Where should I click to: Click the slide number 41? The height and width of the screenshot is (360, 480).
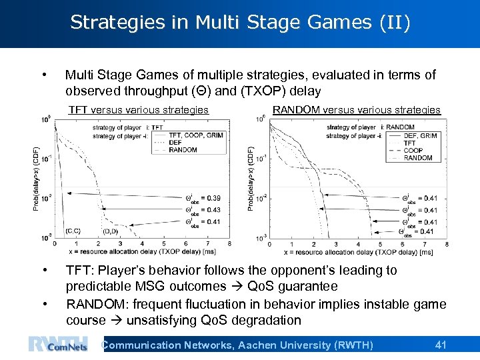(440, 345)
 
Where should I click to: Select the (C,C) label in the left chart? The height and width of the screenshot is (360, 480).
(73, 231)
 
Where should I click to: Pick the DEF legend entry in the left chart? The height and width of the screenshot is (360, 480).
(175, 142)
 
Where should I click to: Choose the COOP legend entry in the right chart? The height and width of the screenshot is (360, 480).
(413, 150)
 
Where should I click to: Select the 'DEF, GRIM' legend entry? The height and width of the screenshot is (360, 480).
(421, 135)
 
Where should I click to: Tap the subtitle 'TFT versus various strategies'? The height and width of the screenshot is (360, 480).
(139, 110)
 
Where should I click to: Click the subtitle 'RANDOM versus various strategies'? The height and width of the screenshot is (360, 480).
(357, 110)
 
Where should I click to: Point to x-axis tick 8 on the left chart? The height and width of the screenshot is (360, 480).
(230, 244)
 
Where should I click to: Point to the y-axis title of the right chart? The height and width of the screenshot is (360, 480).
(251, 179)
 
